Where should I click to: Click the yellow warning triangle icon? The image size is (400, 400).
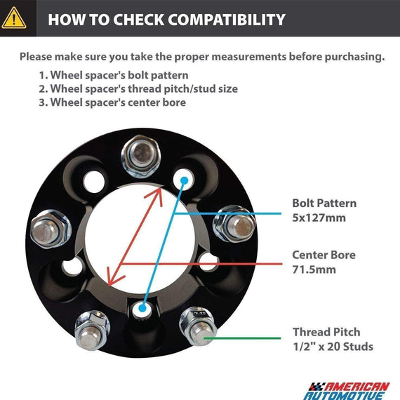[14, 18]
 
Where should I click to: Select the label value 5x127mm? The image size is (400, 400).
[319, 218]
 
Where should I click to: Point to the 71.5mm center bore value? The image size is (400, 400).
[314, 269]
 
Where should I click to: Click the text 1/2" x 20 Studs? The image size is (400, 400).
[333, 347]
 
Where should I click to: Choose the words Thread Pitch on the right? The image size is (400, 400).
[326, 332]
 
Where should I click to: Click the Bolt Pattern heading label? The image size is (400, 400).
[324, 204]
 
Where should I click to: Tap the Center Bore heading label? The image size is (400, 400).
[324, 255]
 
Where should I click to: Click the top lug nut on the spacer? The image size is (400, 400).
[140, 156]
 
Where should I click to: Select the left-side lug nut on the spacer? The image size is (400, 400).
[51, 229]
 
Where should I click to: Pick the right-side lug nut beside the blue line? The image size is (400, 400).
[234, 224]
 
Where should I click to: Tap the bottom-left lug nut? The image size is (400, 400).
[92, 331]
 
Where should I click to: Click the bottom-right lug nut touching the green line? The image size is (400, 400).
[198, 327]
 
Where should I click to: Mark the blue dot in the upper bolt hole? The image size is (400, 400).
[184, 180]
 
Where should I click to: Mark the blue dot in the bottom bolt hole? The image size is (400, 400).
[142, 308]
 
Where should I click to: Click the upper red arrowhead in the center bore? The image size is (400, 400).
[156, 195]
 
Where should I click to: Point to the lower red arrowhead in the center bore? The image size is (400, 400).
[114, 276]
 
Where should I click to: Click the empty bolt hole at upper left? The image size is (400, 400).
[94, 182]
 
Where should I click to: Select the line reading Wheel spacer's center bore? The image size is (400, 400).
[112, 102]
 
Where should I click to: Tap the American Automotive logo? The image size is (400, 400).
[347, 391]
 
